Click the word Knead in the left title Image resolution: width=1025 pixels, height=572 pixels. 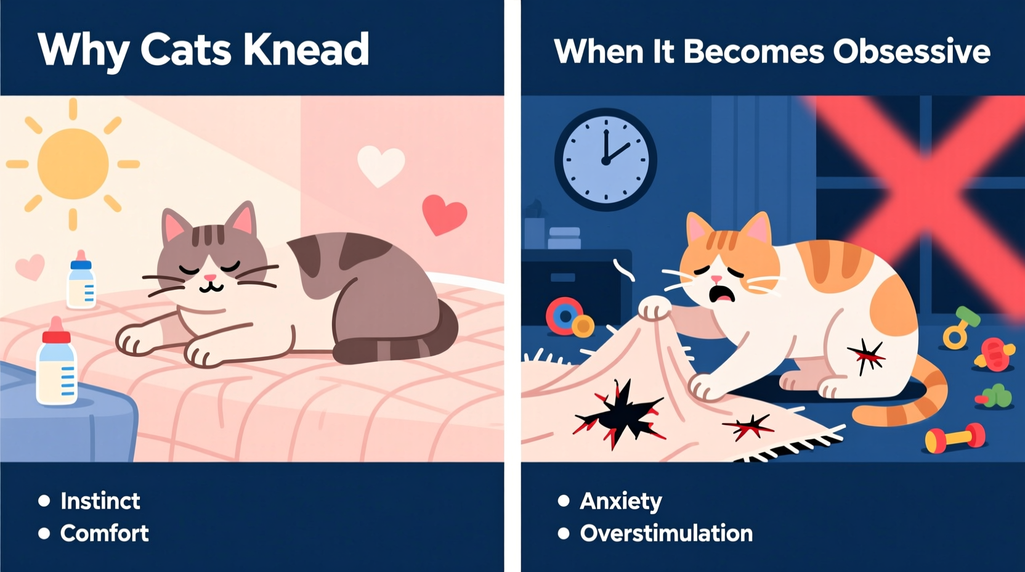(x=306, y=49)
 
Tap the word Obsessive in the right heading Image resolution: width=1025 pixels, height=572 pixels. (x=911, y=51)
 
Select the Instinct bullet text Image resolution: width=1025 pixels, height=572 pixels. (x=100, y=501)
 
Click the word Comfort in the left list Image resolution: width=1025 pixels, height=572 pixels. (x=104, y=533)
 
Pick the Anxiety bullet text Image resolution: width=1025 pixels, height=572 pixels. (x=620, y=501)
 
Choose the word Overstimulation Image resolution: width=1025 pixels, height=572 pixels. (x=666, y=533)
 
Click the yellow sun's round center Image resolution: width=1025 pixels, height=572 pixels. (x=73, y=164)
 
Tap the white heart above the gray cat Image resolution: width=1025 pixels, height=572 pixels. (x=381, y=165)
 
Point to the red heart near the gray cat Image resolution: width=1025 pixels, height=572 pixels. (x=444, y=214)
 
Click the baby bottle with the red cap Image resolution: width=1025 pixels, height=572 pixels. (x=57, y=364)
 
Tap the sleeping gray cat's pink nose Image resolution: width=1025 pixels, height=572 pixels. (x=210, y=279)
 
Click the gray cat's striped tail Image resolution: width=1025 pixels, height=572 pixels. (x=394, y=345)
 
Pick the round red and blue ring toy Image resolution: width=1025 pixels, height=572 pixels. (x=564, y=316)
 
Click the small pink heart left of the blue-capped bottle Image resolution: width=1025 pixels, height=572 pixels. (x=30, y=267)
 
